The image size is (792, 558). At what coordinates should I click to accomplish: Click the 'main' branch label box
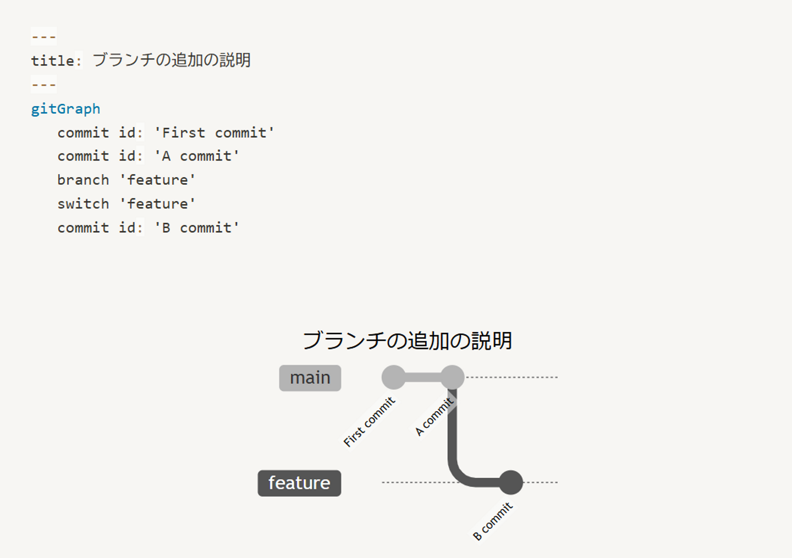pyautogui.click(x=310, y=378)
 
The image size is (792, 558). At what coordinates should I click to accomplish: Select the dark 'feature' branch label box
pyautogui.click(x=299, y=483)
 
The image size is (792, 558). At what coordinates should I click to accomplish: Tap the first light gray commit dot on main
pyautogui.click(x=393, y=377)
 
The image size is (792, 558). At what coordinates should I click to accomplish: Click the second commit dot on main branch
pyautogui.click(x=452, y=377)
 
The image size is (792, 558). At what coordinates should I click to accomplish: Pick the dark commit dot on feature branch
pyautogui.click(x=511, y=482)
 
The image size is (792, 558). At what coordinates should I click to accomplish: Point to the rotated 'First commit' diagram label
pyautogui.click(x=369, y=422)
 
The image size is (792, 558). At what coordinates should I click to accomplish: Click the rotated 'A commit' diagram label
pyautogui.click(x=435, y=417)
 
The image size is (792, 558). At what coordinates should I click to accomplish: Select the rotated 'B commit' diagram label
pyautogui.click(x=493, y=521)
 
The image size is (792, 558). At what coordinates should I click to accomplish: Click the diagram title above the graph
pyautogui.click(x=407, y=341)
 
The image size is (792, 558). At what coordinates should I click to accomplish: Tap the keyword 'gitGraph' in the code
pyautogui.click(x=65, y=109)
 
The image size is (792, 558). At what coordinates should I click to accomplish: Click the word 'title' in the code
pyautogui.click(x=52, y=60)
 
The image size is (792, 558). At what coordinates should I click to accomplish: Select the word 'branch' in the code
pyautogui.click(x=83, y=180)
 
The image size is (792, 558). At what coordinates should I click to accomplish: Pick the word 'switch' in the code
pyautogui.click(x=83, y=204)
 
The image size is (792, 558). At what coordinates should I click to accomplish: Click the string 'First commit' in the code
pyautogui.click(x=214, y=132)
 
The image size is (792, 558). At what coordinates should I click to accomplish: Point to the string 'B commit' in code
pyautogui.click(x=196, y=228)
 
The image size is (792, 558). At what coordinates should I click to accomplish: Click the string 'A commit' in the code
pyautogui.click(x=196, y=156)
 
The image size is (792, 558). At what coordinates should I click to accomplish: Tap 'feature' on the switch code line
pyautogui.click(x=157, y=204)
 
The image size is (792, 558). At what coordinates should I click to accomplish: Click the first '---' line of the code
pyautogui.click(x=43, y=37)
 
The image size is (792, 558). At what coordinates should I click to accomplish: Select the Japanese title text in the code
pyautogui.click(x=171, y=60)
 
